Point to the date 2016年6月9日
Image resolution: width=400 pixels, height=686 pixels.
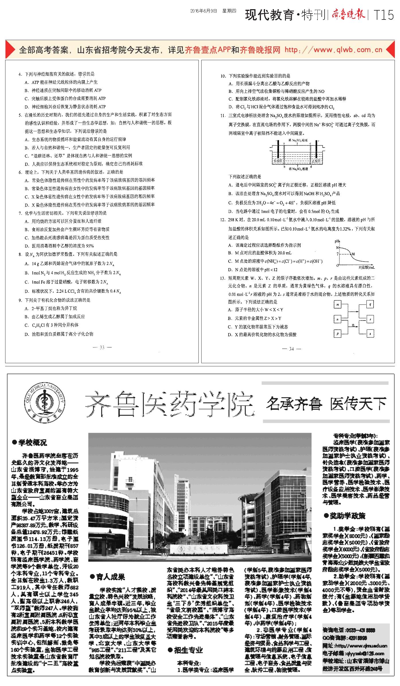204,11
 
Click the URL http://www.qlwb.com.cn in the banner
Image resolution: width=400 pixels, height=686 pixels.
333,50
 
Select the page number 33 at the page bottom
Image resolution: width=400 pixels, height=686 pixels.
102,347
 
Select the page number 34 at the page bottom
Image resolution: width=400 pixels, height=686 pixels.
291,349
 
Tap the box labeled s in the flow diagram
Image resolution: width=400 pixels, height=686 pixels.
370,333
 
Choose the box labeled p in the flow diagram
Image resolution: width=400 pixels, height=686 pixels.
338,333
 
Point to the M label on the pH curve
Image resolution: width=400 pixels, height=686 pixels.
353,254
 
